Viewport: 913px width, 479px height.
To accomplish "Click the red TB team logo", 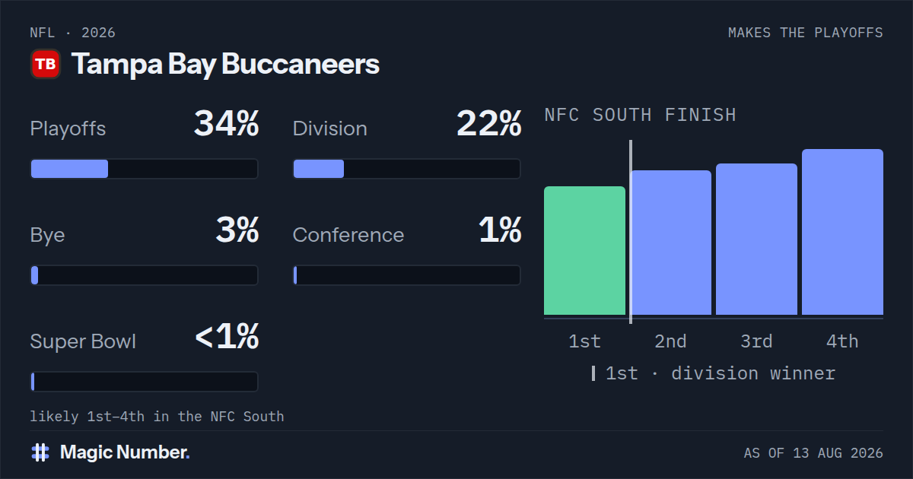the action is pyautogui.click(x=46, y=64).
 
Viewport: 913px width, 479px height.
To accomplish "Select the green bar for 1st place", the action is pyautogui.click(x=584, y=250).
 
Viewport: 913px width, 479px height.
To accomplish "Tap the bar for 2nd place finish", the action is pyautogui.click(x=671, y=243).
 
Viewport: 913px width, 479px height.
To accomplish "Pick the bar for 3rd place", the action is pyautogui.click(x=756, y=239).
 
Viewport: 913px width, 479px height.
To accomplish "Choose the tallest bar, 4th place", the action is pyautogui.click(x=842, y=232).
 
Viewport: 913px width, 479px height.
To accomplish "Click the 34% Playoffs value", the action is pyautogui.click(x=226, y=123).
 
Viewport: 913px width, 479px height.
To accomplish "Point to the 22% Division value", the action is pyautogui.click(x=488, y=123).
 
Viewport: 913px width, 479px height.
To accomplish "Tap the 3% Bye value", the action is pyautogui.click(x=237, y=230).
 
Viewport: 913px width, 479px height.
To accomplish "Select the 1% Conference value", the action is pyautogui.click(x=500, y=230).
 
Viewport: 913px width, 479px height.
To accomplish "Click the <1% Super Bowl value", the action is pyautogui.click(x=227, y=336).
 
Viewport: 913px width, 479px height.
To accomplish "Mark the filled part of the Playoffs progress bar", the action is pyautogui.click(x=70, y=169).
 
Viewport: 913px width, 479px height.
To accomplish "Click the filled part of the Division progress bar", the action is pyautogui.click(x=319, y=169).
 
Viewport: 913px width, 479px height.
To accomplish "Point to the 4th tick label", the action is pyautogui.click(x=842, y=341).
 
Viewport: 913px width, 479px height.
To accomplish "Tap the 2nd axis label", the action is pyautogui.click(x=671, y=341).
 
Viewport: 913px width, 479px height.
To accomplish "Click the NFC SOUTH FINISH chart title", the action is pyautogui.click(x=641, y=115).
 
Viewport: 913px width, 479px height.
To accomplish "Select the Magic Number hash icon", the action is pyautogui.click(x=40, y=452).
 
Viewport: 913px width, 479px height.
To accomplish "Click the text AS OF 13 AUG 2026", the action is pyautogui.click(x=813, y=453).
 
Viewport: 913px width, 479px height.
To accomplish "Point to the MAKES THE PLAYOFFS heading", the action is pyautogui.click(x=806, y=33).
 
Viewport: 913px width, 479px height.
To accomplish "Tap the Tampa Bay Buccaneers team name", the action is pyautogui.click(x=225, y=65).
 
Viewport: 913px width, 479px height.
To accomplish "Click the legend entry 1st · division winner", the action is pyautogui.click(x=714, y=373).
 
